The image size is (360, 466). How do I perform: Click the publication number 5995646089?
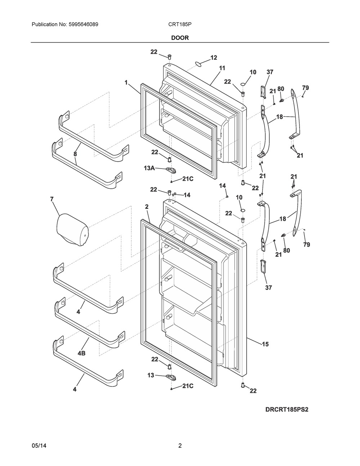click(84, 24)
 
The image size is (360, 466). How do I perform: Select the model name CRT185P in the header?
click(180, 24)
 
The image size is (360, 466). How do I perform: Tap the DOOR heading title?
click(180, 38)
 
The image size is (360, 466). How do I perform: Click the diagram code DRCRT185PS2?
click(287, 409)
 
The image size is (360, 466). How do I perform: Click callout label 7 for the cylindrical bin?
click(51, 199)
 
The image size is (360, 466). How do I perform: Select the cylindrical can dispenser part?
click(72, 229)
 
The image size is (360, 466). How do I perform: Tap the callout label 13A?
click(149, 168)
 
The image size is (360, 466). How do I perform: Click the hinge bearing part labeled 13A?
click(171, 171)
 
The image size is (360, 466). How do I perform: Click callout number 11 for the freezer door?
click(222, 68)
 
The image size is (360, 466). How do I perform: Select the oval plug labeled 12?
click(198, 64)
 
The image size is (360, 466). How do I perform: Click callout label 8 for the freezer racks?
click(75, 154)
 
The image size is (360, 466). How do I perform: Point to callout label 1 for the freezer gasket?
click(126, 82)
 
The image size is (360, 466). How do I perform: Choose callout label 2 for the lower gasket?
click(147, 206)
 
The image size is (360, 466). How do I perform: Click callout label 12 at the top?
click(213, 58)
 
